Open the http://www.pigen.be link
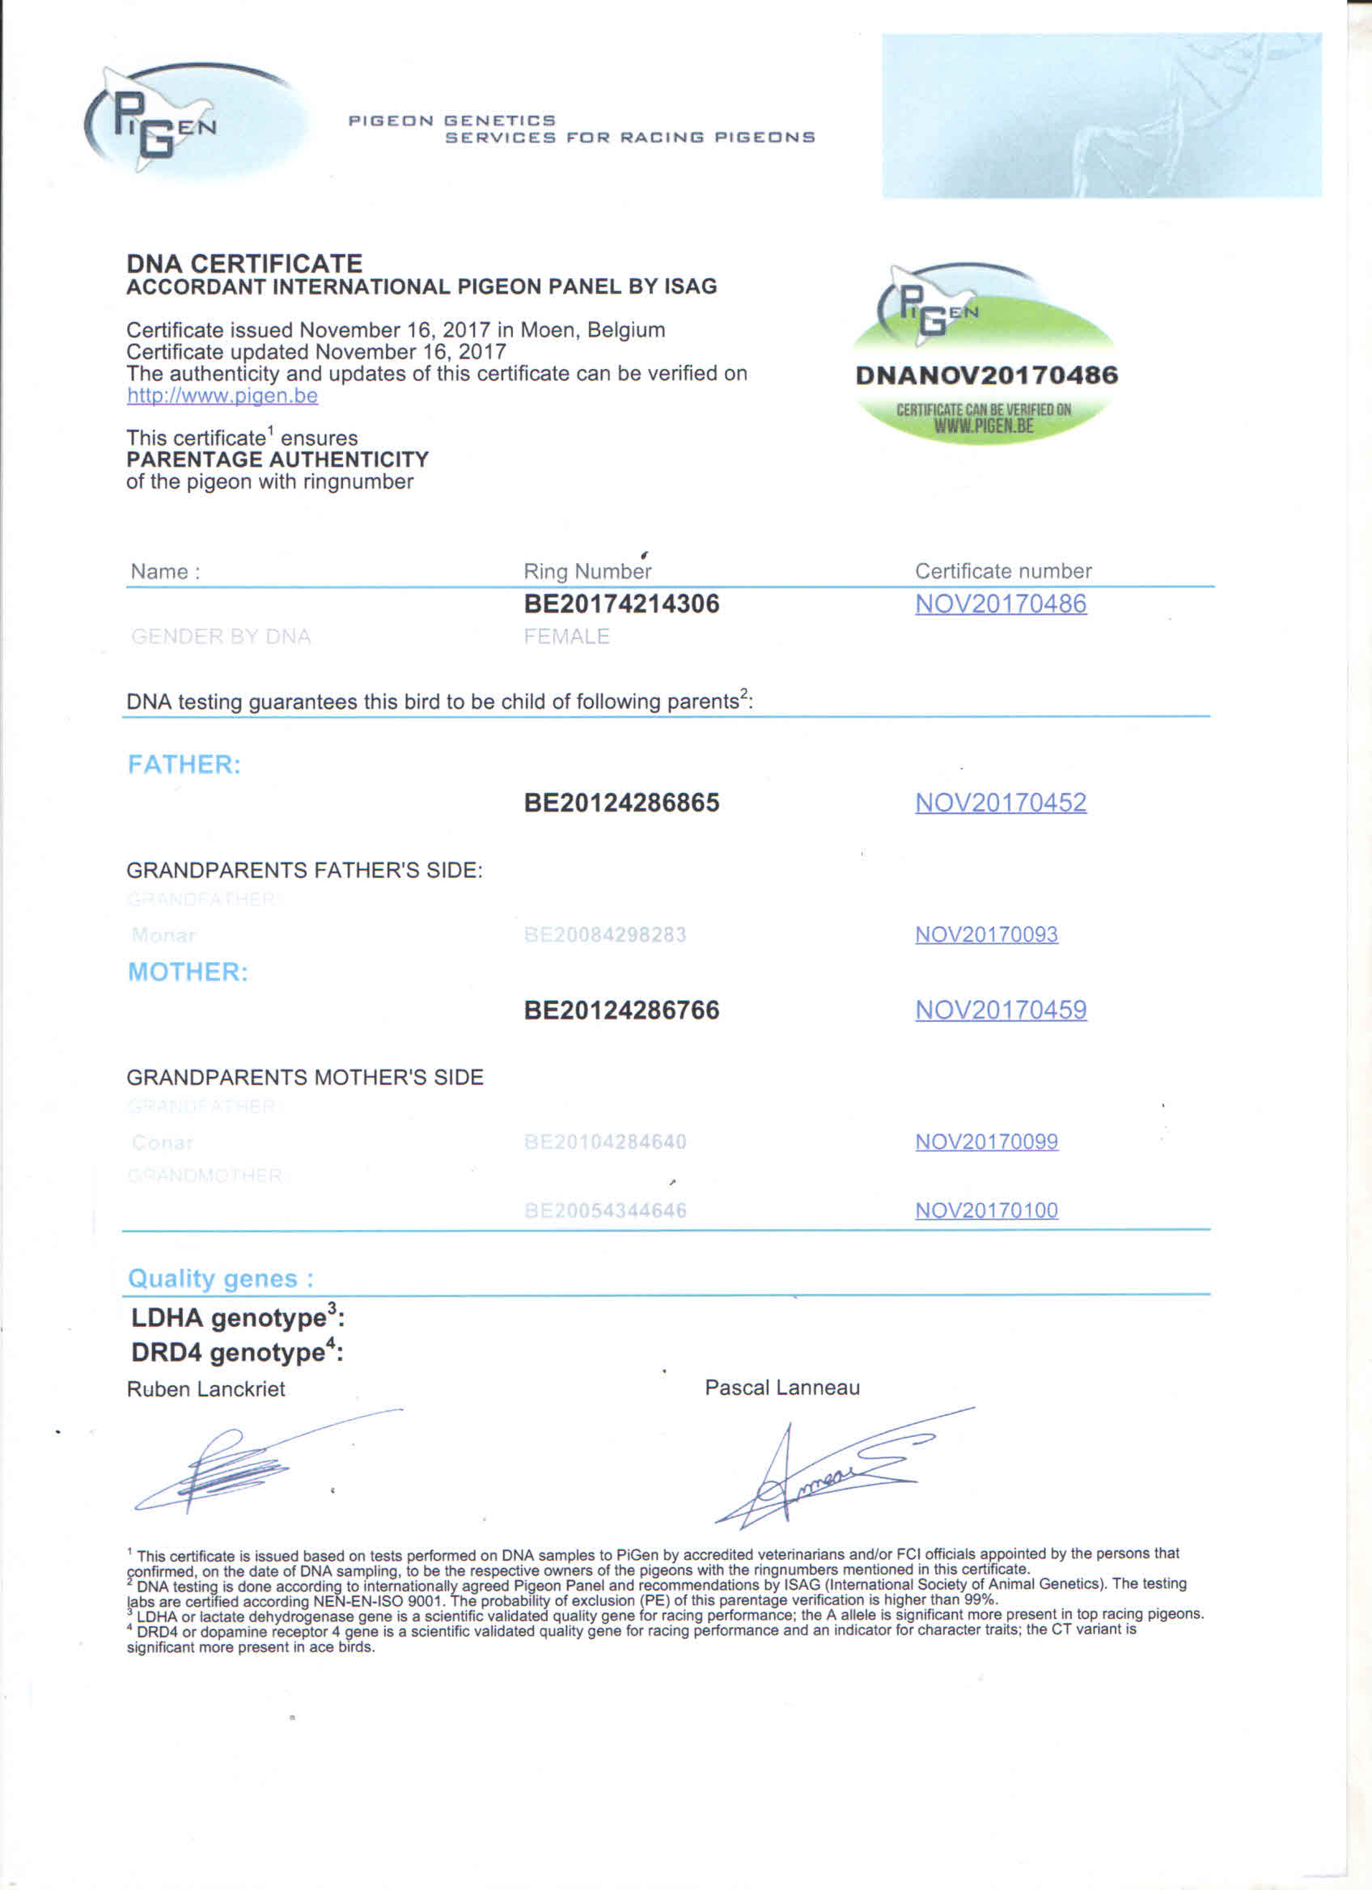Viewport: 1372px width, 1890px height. (x=222, y=395)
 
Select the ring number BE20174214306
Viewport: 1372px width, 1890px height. (x=621, y=604)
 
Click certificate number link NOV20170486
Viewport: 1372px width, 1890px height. (x=1001, y=604)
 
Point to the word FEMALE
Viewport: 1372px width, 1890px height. (x=566, y=637)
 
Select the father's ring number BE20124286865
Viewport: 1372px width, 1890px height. (x=621, y=803)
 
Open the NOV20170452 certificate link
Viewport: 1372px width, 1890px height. (x=1001, y=803)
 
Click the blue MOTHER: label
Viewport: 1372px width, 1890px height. (x=188, y=972)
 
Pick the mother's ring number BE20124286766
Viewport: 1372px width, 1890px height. (x=621, y=1010)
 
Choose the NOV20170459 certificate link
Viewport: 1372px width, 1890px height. (x=1001, y=1010)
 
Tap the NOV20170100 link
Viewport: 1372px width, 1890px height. (x=986, y=1210)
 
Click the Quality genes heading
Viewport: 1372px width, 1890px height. (x=221, y=1278)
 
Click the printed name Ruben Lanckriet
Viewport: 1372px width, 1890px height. (x=205, y=1389)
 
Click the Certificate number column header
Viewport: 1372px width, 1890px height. (x=1003, y=571)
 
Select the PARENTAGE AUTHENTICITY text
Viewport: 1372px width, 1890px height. (x=277, y=460)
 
